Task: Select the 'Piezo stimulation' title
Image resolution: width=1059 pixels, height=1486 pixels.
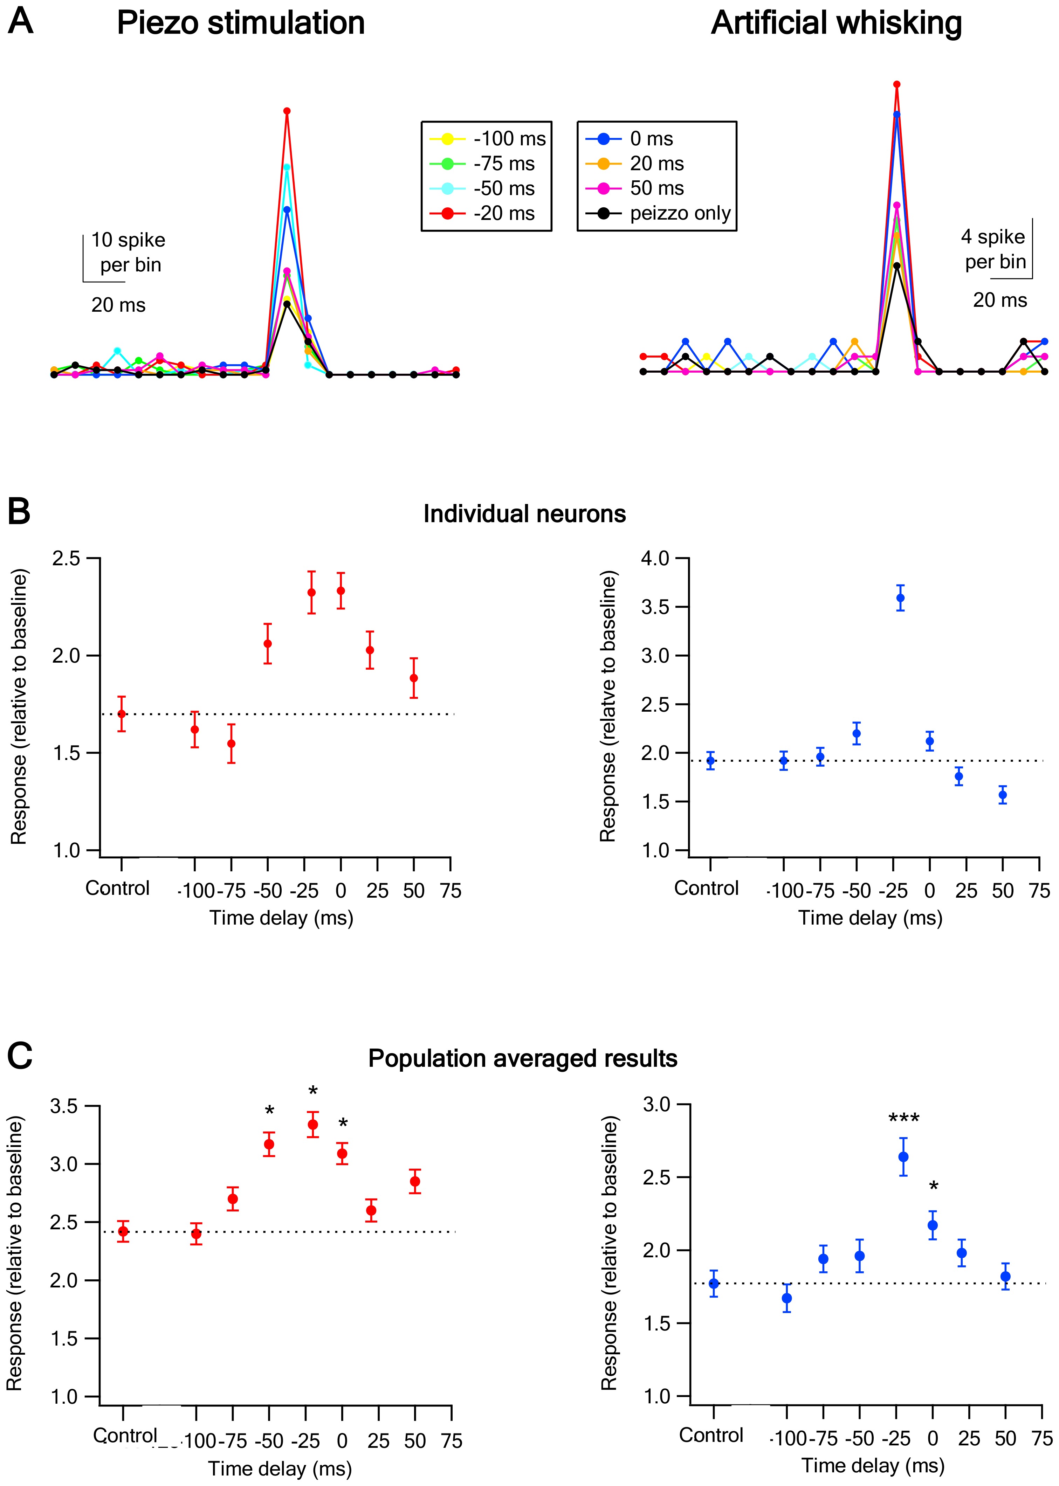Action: pyautogui.click(x=241, y=23)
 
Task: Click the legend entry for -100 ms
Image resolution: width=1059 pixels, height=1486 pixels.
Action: pyautogui.click(x=488, y=139)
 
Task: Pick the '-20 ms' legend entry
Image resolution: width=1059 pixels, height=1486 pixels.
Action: pyautogui.click(x=482, y=213)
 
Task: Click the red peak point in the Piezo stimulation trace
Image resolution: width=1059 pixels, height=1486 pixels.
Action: pyautogui.click(x=287, y=111)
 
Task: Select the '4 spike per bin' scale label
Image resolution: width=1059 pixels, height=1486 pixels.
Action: pyautogui.click(x=993, y=249)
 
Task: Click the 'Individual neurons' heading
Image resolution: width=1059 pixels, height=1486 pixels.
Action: pyautogui.click(x=524, y=514)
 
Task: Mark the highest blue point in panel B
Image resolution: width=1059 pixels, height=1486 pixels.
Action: pyautogui.click(x=901, y=598)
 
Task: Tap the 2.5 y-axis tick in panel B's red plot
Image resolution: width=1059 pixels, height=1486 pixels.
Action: pyautogui.click(x=66, y=559)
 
